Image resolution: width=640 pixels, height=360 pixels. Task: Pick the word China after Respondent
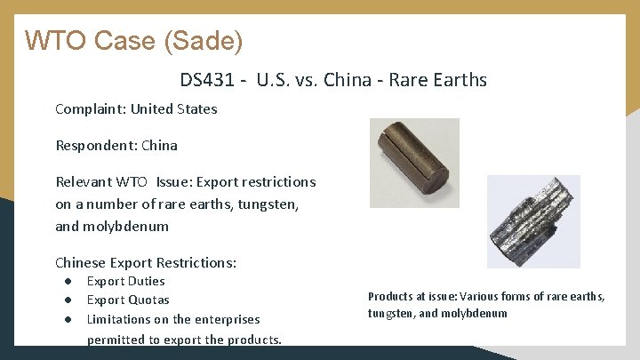[159, 145]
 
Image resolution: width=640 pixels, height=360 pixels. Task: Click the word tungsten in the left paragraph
[266, 204]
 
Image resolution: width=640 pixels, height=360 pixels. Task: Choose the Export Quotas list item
[127, 300]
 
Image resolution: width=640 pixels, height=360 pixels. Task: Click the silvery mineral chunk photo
[532, 220]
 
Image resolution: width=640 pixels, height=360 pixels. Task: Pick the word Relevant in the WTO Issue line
[84, 181]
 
